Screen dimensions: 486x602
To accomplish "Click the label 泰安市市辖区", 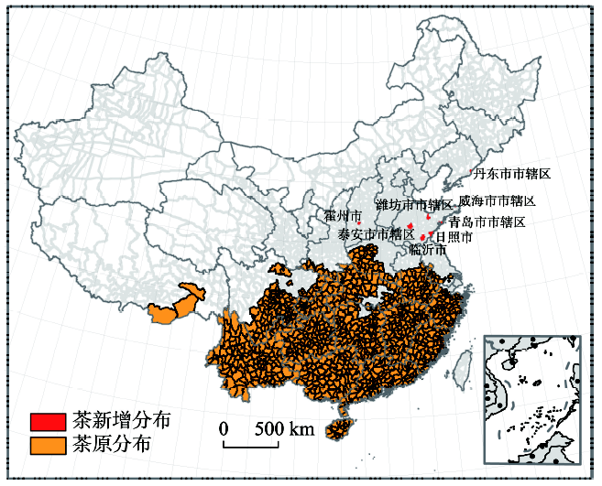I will point(376,234).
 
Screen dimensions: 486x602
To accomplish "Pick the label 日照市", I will point(454,236).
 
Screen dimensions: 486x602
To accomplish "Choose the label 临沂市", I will point(427,250).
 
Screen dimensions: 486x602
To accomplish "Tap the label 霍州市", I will point(342,215).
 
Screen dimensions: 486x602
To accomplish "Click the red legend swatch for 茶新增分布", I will point(47,422).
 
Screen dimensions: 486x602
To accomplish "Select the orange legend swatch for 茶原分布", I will point(47,446).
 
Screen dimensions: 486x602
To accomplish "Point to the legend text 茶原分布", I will point(111,446).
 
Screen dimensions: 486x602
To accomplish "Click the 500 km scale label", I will point(284,428).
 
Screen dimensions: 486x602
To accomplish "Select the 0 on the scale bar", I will point(224,428).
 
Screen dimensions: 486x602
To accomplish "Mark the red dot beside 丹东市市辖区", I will point(471,172).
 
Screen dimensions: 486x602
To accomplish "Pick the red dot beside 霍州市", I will point(360,222).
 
